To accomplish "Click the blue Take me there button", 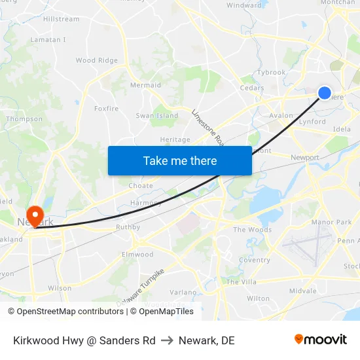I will point(179,160).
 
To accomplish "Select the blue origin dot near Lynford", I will point(324,93).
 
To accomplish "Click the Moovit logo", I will point(320,340).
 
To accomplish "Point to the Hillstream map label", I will point(61,20).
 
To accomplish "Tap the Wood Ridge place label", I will point(96,60).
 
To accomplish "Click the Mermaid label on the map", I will point(145,85).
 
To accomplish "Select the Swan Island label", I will point(156,116).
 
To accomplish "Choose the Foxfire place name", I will point(105,108).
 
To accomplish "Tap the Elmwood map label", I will point(137,255).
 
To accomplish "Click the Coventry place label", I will point(254,260).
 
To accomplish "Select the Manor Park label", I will point(333,223).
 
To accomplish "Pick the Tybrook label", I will point(271,73).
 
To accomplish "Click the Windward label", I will point(243,5).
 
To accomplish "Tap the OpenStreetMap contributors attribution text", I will point(65,312).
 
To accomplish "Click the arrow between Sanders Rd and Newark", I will point(166,340).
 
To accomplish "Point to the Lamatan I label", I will point(48,40).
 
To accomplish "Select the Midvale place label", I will point(302,291).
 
